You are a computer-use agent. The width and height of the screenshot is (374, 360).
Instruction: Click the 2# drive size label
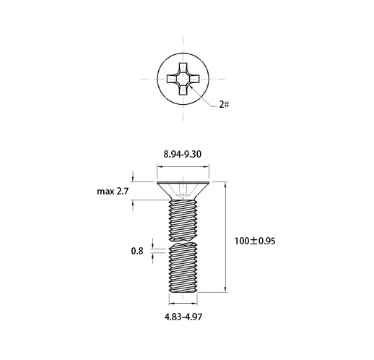coord(224,104)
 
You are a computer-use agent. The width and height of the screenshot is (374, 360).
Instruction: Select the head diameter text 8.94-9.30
coord(183,154)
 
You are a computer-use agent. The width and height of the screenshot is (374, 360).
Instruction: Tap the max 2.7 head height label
coord(113,192)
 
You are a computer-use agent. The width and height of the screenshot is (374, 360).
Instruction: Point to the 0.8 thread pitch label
coord(137,251)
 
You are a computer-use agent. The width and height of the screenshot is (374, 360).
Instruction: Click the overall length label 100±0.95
coord(255,241)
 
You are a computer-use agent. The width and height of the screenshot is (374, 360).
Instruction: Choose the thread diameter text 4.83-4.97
coord(183,317)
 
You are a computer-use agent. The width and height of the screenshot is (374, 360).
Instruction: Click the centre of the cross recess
coord(183,79)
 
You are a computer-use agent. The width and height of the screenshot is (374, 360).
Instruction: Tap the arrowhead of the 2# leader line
coord(191,86)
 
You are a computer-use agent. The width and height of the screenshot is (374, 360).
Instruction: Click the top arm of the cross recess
coord(183,68)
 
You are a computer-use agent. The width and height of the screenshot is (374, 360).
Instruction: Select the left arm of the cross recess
coord(172,79)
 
